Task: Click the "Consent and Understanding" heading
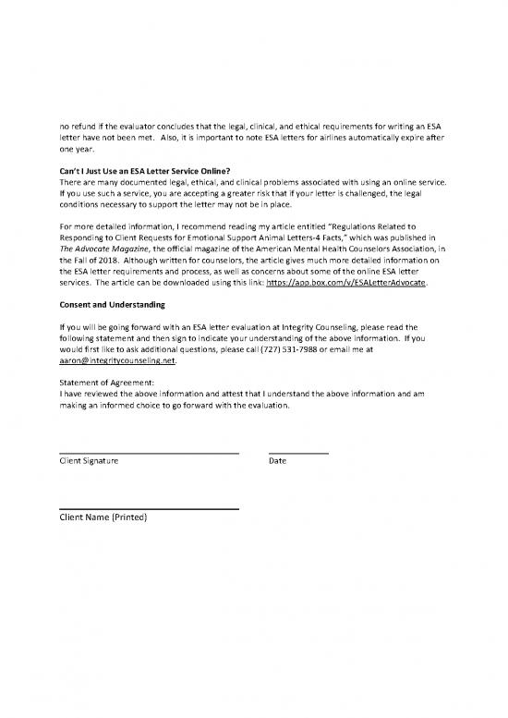107,304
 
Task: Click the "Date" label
276,459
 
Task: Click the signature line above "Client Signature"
149,452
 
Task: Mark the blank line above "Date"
297,452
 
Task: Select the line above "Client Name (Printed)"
149,508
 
